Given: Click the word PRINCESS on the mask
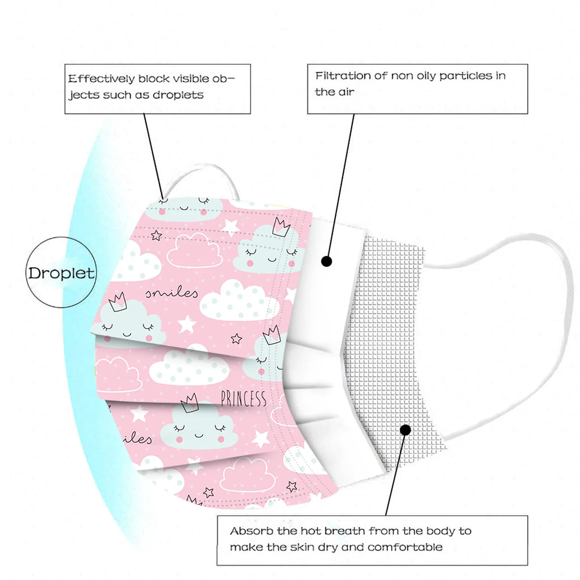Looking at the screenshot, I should pyautogui.click(x=243, y=399).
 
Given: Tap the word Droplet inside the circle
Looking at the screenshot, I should pyautogui.click(x=61, y=273).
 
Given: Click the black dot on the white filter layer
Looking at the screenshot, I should pyautogui.click(x=327, y=261).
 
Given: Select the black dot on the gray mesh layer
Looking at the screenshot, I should pyautogui.click(x=406, y=430).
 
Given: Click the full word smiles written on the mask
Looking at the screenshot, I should pyautogui.click(x=172, y=293).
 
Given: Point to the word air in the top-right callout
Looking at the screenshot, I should pyautogui.click(x=347, y=92).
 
